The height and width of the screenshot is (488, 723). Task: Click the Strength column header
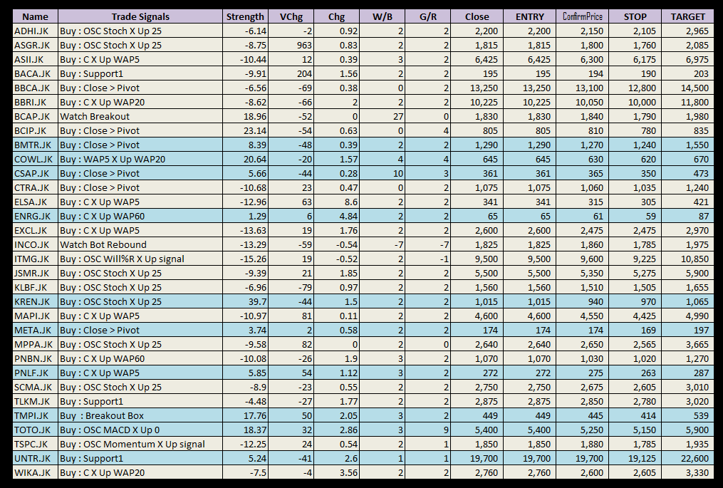coord(244,16)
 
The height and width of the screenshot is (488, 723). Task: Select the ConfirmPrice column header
coord(583,16)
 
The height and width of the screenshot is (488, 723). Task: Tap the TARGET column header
coord(687,16)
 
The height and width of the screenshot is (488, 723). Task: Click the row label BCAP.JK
coord(32,116)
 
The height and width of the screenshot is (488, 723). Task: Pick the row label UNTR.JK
coord(33,458)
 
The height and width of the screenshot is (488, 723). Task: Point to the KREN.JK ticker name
coord(33,301)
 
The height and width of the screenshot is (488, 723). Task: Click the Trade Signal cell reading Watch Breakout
coord(95,116)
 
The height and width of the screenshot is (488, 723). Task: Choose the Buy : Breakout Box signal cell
coord(102,415)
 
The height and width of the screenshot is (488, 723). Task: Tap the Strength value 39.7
coord(255,301)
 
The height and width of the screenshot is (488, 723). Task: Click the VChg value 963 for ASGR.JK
coord(304,45)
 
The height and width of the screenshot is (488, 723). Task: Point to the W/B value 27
coord(397,116)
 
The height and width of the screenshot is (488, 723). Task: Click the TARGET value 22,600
coord(694,458)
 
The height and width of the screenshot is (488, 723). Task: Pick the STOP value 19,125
coord(640,458)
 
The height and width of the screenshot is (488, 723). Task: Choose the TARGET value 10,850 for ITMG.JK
coord(694,259)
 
